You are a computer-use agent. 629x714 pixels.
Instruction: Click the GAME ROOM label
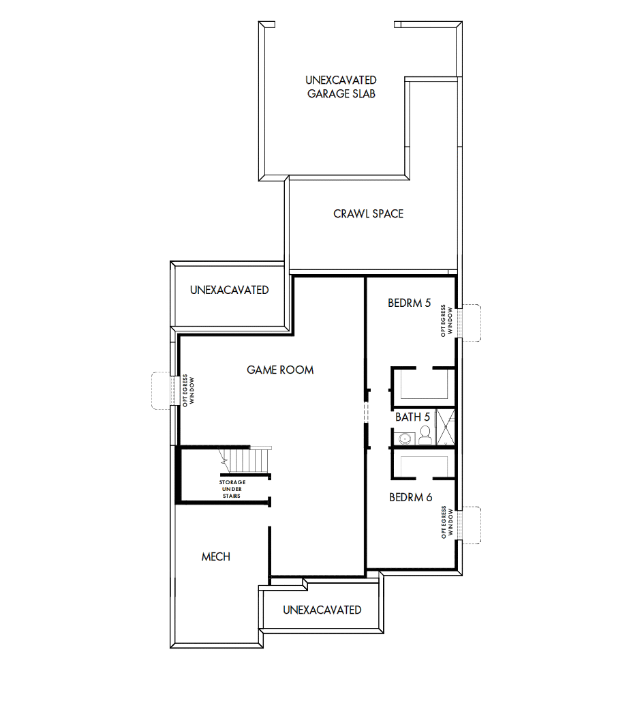point(280,370)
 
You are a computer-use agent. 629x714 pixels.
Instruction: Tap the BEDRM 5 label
point(409,303)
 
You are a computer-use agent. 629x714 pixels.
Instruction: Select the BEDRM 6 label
point(410,498)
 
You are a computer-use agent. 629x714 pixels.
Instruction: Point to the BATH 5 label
point(412,417)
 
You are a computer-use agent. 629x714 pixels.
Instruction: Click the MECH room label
point(215,557)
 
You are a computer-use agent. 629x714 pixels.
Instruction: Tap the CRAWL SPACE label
point(368,214)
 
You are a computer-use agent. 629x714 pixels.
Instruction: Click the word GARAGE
point(328,94)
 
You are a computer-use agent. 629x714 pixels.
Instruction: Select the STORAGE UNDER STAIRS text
point(233,489)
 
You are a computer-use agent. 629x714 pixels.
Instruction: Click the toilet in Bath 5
point(425,435)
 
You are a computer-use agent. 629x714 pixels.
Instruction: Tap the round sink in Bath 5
point(404,437)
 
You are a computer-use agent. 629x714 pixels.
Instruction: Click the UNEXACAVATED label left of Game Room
point(229,291)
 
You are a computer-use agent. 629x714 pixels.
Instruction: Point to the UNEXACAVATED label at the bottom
point(322,610)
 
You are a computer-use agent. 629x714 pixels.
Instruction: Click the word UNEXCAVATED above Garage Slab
point(341,80)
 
